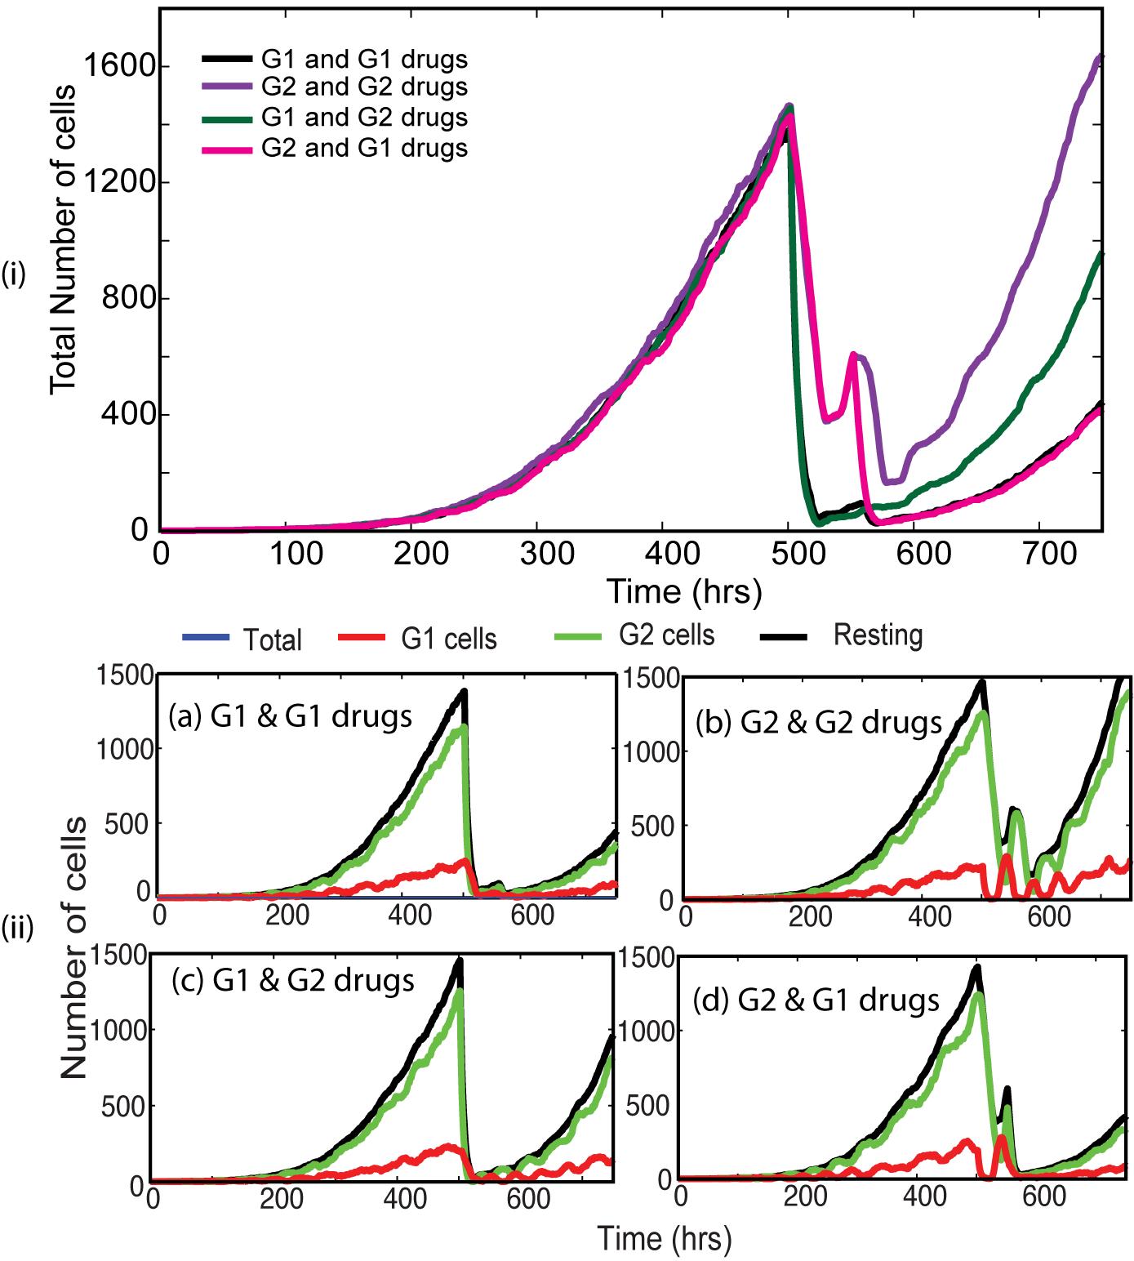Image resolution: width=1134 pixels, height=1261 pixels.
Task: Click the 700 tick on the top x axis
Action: [1050, 554]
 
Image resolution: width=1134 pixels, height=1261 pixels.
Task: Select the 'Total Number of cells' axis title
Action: [63, 239]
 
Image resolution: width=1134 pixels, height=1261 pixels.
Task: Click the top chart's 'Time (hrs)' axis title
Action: [684, 591]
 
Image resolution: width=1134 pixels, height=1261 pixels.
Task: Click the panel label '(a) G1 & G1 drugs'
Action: [290, 716]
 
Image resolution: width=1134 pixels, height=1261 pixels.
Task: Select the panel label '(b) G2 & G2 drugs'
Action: [819, 723]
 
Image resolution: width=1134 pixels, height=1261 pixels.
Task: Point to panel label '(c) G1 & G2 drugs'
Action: [292, 980]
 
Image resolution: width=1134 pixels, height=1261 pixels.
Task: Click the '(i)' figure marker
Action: [13, 274]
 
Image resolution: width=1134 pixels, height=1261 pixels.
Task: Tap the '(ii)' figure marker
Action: [17, 928]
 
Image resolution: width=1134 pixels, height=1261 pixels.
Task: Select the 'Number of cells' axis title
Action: [73, 947]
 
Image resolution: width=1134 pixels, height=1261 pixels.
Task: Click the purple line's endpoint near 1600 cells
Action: [1100, 57]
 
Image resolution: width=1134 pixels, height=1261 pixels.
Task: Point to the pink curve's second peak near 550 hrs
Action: [853, 354]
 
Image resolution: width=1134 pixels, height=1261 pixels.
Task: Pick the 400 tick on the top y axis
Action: [128, 414]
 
